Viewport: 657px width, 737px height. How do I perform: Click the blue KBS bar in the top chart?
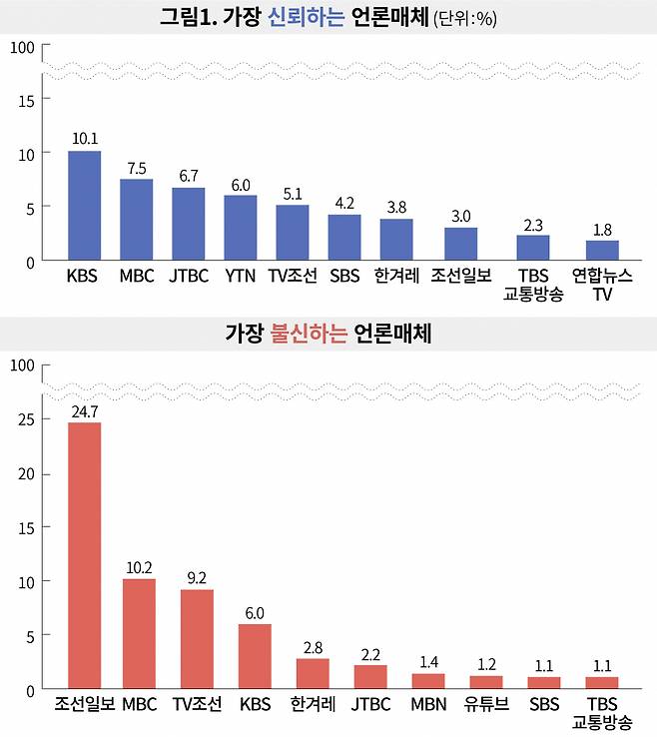tap(84, 206)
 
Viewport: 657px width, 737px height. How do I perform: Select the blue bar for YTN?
tap(240, 228)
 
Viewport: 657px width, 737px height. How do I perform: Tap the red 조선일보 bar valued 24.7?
tap(84, 555)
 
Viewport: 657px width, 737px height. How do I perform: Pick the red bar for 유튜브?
tap(486, 682)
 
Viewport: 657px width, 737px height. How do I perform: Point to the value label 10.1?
tap(84, 139)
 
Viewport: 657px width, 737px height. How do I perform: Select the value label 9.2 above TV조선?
tap(197, 577)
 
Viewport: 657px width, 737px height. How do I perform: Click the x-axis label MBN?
tap(428, 705)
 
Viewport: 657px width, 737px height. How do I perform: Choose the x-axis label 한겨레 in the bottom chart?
tap(313, 705)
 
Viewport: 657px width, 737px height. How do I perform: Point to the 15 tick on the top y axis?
tap(25, 99)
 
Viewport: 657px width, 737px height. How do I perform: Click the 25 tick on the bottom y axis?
tap(25, 419)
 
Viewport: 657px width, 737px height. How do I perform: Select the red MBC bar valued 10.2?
tap(139, 634)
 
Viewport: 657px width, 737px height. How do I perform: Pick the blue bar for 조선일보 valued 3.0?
tap(460, 244)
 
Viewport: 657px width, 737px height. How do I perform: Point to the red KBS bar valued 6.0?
tap(255, 656)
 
